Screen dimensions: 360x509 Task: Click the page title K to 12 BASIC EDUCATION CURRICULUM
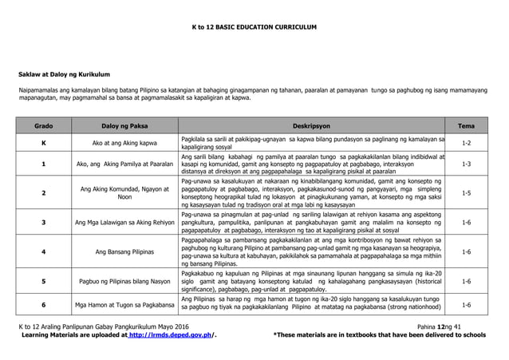click(254, 26)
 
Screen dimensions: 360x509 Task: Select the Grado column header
click(44, 126)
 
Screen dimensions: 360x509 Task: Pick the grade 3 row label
click(44, 221)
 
